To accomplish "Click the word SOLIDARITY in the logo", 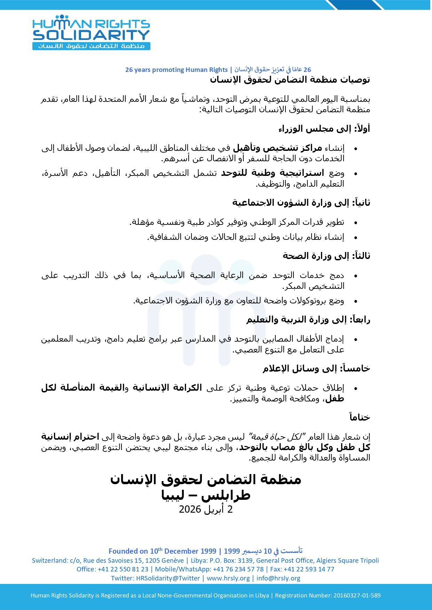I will coord(91,35).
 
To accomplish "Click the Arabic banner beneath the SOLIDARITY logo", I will coord(91,46).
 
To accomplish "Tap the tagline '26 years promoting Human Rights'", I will coord(176,70).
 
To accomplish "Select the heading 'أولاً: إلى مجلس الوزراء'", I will coord(324,129).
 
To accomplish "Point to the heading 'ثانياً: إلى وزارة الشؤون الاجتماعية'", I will coord(301,203).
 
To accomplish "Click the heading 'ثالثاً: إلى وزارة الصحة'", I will coord(326,256).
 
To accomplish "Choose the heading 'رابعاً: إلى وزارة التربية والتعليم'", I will coord(308,320).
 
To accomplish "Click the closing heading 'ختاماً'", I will coord(360,417).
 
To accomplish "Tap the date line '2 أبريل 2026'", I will coord(206,510).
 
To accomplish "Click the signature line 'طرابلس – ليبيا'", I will coord(206,495).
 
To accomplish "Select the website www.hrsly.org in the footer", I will coord(228,578).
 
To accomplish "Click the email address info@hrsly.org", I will coord(278,578).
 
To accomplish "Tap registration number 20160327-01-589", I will coord(357,595).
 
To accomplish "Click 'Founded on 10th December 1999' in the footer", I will coord(162,551).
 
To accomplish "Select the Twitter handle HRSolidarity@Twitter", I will coord(168,578).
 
